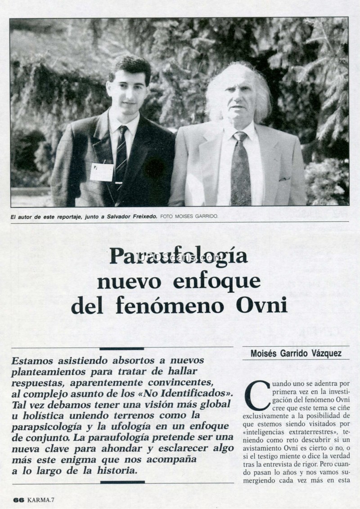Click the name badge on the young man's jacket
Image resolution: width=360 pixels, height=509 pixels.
pyautogui.click(x=102, y=171)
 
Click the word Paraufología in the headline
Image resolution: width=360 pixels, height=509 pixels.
pyautogui.click(x=179, y=257)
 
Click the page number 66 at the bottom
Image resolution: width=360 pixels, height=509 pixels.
pyautogui.click(x=18, y=500)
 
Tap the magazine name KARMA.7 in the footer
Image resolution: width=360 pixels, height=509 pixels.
pyautogui.click(x=40, y=500)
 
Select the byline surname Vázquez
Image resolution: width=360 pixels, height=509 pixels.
pyautogui.click(x=324, y=353)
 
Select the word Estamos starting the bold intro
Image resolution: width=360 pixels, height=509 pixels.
pyautogui.click(x=34, y=361)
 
